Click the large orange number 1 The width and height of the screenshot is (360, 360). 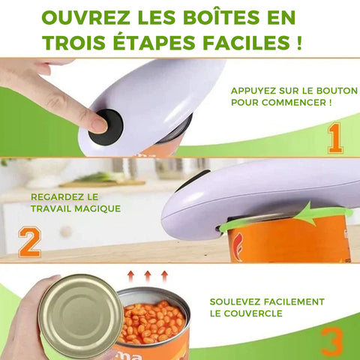point(335,138)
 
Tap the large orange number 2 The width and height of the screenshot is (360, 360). point(29,242)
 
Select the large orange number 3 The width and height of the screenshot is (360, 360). point(331,341)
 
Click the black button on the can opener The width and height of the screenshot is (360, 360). point(106,127)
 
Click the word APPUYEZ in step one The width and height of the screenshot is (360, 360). point(253,91)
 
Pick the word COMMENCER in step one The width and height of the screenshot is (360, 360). point(293,103)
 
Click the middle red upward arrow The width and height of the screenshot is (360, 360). point(148,276)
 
